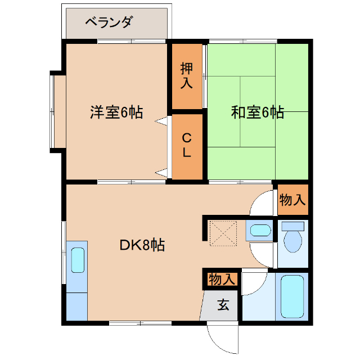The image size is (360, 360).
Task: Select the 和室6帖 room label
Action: (x=257, y=112)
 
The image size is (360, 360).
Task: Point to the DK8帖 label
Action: (x=142, y=245)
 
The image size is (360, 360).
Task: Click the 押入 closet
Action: (x=187, y=76)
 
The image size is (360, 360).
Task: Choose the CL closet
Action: (x=187, y=145)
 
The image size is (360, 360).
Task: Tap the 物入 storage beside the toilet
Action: (x=292, y=199)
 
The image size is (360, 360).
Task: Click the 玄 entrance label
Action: (x=223, y=305)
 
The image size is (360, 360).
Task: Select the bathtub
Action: (x=292, y=297)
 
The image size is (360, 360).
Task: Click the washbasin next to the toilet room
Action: (x=259, y=230)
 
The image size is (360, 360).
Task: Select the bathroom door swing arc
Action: (x=253, y=284)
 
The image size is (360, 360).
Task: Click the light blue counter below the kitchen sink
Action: (x=77, y=307)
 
